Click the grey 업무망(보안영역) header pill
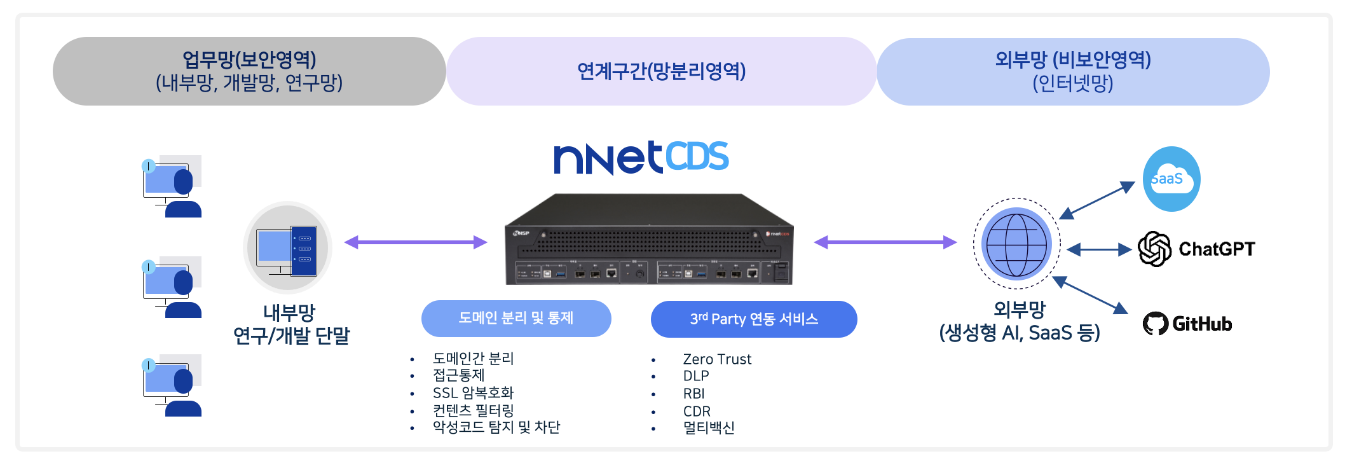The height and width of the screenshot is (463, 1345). (x=249, y=71)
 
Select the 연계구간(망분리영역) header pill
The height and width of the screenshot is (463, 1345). (x=661, y=71)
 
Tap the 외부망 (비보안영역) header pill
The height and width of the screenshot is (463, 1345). (x=1073, y=71)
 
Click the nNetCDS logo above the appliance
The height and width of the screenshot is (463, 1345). (x=641, y=158)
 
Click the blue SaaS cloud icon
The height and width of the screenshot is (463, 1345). (x=1171, y=179)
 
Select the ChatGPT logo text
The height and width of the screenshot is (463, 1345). (x=1216, y=249)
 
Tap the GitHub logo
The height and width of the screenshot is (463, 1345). (x=1187, y=324)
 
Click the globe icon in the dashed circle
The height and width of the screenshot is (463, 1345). (x=1016, y=244)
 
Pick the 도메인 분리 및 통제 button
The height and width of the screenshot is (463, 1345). (x=516, y=318)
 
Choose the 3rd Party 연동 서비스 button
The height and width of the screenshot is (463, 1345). (x=754, y=319)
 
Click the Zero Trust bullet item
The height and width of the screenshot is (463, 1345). (x=717, y=359)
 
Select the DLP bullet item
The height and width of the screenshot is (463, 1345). (x=696, y=376)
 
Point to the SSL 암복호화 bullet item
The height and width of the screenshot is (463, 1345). (x=473, y=393)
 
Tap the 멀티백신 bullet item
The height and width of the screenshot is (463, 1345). (x=709, y=428)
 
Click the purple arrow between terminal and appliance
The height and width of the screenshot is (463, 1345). (x=416, y=242)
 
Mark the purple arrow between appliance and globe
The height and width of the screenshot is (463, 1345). (x=885, y=242)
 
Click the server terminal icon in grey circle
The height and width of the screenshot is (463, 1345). (x=288, y=248)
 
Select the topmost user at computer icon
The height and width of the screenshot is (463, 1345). (x=172, y=186)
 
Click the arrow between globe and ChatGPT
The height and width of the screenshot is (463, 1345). (x=1099, y=250)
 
